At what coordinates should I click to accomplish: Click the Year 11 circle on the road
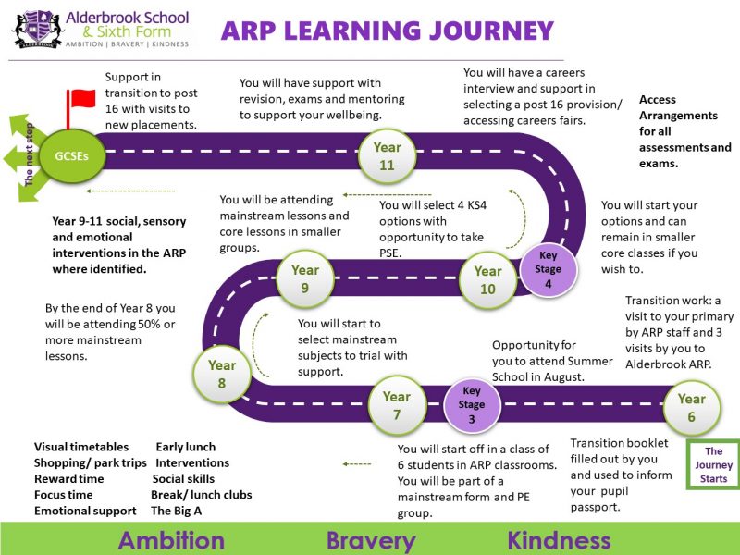[387, 156]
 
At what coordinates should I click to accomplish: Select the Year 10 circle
[488, 280]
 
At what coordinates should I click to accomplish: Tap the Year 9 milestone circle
[305, 279]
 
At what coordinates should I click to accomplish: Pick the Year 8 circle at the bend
[222, 375]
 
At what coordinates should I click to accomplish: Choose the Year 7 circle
[397, 405]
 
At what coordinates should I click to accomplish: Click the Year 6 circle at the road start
[692, 408]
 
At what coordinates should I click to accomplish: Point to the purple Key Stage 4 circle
[548, 269]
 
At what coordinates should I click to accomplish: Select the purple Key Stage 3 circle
[472, 405]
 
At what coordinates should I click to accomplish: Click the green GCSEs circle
[72, 156]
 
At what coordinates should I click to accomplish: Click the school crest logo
[38, 30]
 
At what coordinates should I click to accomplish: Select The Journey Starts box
[713, 465]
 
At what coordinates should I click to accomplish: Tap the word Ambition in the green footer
[171, 540]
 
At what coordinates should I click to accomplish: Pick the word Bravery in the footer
[372, 541]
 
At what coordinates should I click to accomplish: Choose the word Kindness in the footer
[560, 540]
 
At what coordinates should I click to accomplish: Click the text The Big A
[177, 511]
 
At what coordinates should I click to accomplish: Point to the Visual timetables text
[81, 447]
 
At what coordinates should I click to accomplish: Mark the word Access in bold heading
[658, 100]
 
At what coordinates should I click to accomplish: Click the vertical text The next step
[29, 154]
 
